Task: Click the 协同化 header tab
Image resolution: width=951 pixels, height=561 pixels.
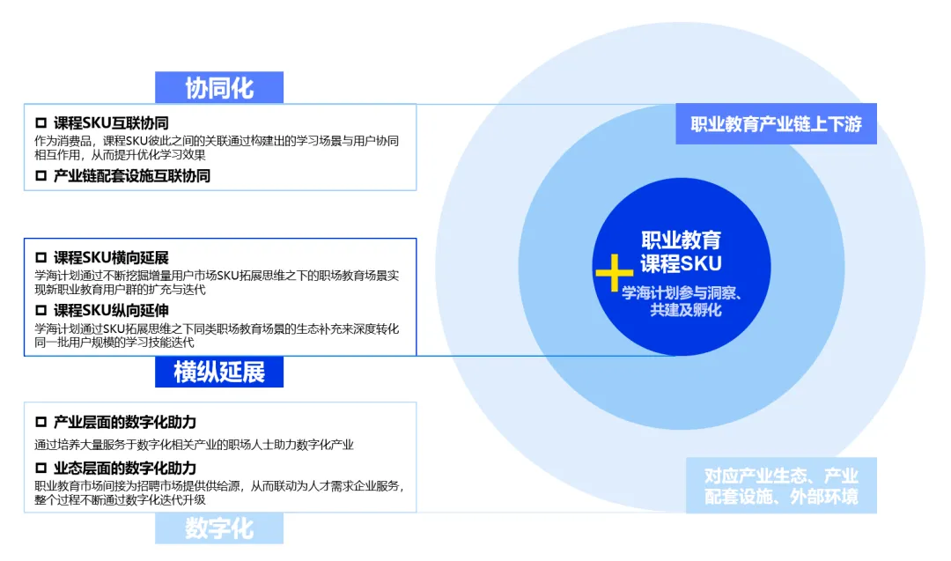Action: click(x=219, y=88)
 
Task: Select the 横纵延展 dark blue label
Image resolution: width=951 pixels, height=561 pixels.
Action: click(x=219, y=372)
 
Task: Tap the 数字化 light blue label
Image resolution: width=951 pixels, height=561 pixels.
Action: click(x=219, y=528)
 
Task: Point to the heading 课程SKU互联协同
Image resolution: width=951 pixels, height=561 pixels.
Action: click(x=111, y=122)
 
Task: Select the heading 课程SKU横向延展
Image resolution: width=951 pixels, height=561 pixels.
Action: click(x=111, y=257)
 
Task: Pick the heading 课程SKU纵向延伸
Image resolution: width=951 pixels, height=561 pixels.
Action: click(x=111, y=310)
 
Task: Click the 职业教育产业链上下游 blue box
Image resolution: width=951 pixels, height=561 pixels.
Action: click(x=777, y=124)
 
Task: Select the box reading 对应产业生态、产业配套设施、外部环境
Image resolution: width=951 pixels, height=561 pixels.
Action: click(x=781, y=485)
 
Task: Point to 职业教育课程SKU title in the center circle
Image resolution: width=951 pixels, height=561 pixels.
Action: click(x=681, y=251)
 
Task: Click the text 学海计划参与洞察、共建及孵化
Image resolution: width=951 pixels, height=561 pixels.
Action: click(x=682, y=301)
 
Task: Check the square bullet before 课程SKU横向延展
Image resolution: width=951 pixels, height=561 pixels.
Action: click(x=41, y=257)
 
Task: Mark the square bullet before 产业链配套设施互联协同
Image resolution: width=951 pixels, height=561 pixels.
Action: click(x=41, y=175)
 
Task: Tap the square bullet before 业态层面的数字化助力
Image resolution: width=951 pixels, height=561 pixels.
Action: click(x=41, y=468)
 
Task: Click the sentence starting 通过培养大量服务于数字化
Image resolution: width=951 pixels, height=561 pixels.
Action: click(x=194, y=445)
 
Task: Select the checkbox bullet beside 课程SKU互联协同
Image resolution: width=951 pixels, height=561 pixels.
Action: click(x=41, y=122)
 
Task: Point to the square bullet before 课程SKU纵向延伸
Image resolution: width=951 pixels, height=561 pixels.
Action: click(x=41, y=310)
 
